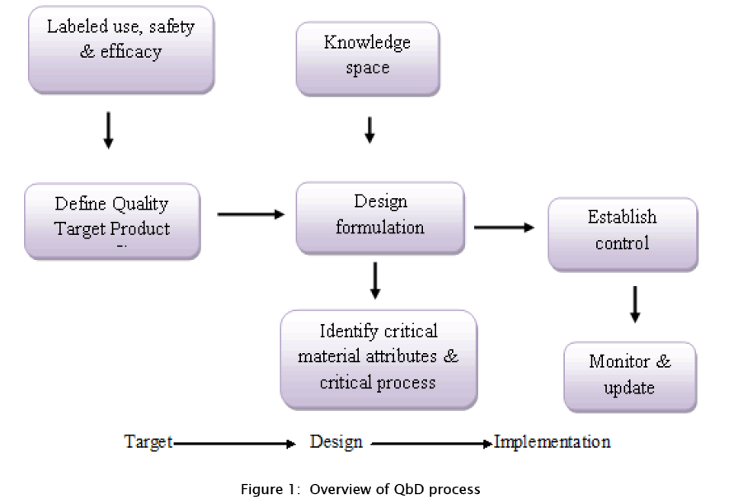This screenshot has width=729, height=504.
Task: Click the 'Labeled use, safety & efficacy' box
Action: (120, 49)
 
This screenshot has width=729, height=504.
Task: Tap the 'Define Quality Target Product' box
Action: (112, 219)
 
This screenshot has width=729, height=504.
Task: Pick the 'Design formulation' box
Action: (380, 216)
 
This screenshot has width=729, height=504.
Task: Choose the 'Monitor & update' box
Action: (629, 375)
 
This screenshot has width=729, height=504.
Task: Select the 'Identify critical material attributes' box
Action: (379, 358)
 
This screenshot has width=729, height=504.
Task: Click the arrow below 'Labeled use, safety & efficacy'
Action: (108, 131)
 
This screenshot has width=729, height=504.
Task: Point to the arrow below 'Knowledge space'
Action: (369, 129)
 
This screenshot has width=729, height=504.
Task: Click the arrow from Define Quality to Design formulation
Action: (251, 214)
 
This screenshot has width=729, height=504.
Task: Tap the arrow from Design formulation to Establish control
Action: (504, 227)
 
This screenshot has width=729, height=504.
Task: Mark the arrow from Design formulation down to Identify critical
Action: (375, 280)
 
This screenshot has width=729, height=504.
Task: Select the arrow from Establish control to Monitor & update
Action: (634, 304)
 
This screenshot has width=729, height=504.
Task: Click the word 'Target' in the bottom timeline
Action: (148, 442)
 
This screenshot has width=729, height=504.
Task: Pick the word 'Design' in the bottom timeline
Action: (336, 442)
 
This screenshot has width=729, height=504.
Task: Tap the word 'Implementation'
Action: (553, 442)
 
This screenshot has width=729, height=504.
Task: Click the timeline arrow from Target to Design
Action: (235, 444)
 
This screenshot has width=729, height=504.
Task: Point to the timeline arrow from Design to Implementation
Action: (430, 444)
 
